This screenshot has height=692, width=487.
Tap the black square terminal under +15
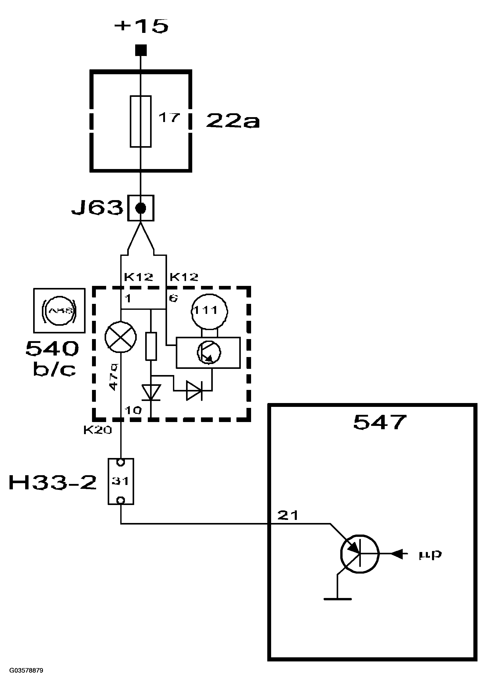click(141, 50)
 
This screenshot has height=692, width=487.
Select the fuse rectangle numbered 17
click(141, 121)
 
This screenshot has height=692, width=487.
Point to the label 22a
click(233, 121)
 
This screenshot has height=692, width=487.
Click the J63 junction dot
click(141, 208)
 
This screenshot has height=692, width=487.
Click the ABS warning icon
click(59, 311)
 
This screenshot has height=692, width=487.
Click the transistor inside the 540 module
click(209, 352)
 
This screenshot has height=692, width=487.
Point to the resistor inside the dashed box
click(151, 346)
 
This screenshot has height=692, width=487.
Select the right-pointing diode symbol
click(194, 391)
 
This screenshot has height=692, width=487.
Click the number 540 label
click(52, 349)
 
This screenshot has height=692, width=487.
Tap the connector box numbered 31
click(121, 481)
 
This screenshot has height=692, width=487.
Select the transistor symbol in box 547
click(360, 554)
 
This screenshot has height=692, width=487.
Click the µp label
click(430, 554)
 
